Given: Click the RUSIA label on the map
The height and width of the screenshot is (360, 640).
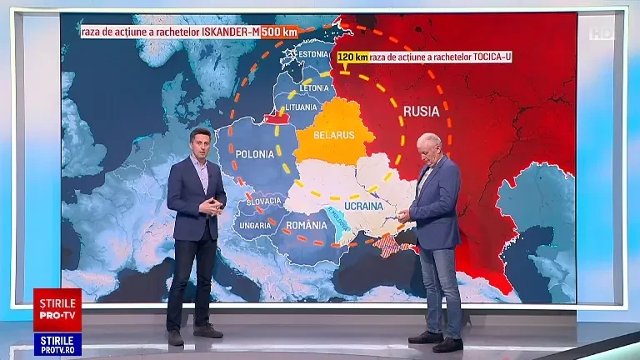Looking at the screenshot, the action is [422, 111].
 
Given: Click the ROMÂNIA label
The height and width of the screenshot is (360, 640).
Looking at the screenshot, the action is [307, 225].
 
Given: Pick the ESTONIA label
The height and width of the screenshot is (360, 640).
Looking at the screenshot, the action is [313, 55].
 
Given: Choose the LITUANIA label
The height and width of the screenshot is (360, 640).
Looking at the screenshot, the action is [301, 107].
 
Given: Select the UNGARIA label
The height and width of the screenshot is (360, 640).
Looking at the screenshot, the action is [254, 225].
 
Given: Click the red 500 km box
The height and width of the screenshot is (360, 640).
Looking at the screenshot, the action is [278, 32].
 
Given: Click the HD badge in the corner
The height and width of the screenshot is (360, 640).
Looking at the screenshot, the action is [600, 32].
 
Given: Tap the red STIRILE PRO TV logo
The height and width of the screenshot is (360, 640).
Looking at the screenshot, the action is [57, 310].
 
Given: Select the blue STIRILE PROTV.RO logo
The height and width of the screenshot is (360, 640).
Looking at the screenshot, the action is [57, 344].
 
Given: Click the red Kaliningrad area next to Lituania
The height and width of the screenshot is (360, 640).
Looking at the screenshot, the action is [276, 118].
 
